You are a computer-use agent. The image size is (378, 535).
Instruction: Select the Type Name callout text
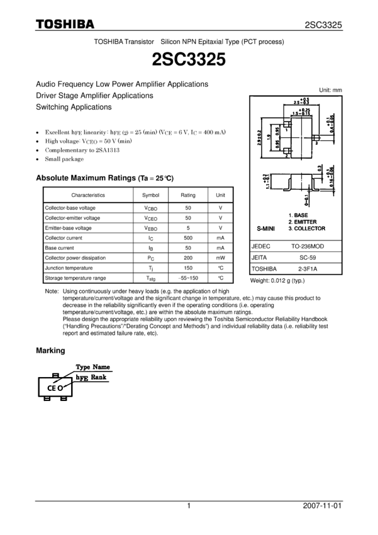coord(92,366)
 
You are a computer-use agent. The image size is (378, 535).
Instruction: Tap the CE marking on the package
coord(52,389)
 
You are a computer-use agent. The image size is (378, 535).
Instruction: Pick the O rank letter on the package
coord(62,389)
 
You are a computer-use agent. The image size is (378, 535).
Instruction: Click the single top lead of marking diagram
coord(55,375)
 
